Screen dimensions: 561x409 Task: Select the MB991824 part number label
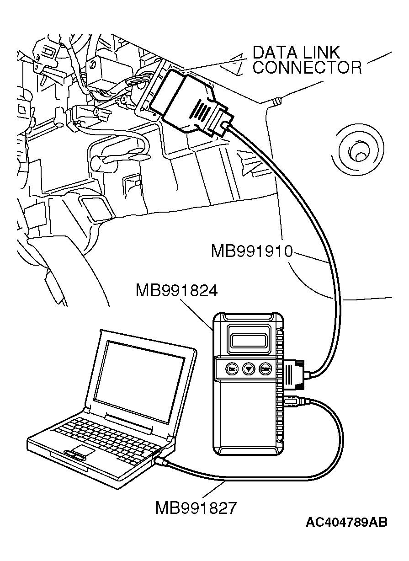tap(176, 290)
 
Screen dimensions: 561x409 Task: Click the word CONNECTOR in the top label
tap(307, 68)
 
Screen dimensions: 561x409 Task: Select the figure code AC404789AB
tap(346, 522)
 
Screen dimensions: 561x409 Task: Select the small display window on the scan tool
tap(248, 340)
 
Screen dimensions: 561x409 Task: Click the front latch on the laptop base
tap(74, 455)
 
